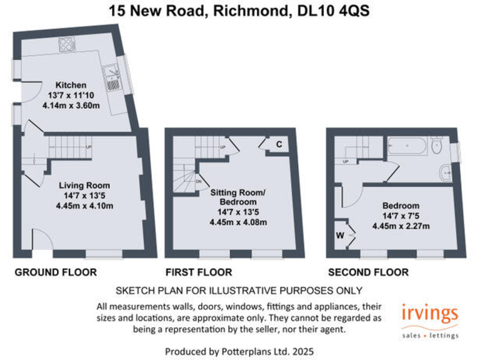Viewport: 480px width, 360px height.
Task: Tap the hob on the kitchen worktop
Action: (x=67, y=44)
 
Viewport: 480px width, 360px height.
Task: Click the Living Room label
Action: (x=84, y=186)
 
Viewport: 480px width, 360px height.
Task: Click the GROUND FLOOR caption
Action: (x=56, y=272)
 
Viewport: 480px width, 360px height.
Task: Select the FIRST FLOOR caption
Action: (x=198, y=272)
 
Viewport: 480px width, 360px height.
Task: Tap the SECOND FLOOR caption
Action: (x=367, y=272)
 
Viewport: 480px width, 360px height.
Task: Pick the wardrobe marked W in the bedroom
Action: (x=341, y=236)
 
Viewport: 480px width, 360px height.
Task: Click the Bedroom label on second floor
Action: (x=400, y=206)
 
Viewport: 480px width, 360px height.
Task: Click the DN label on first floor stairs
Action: (x=198, y=182)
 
